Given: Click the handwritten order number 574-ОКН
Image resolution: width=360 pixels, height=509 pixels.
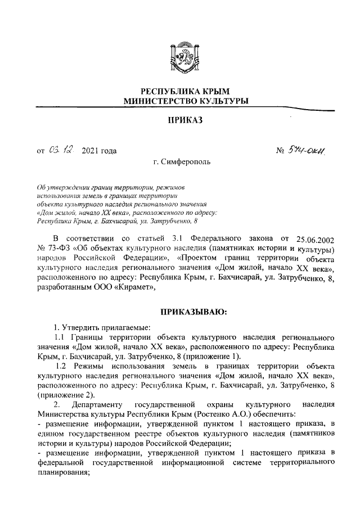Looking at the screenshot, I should click(x=309, y=150).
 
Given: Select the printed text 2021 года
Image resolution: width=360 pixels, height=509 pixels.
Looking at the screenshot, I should click(x=100, y=151).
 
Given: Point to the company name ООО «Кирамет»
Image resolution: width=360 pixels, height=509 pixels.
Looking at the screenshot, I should click(x=123, y=286).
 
